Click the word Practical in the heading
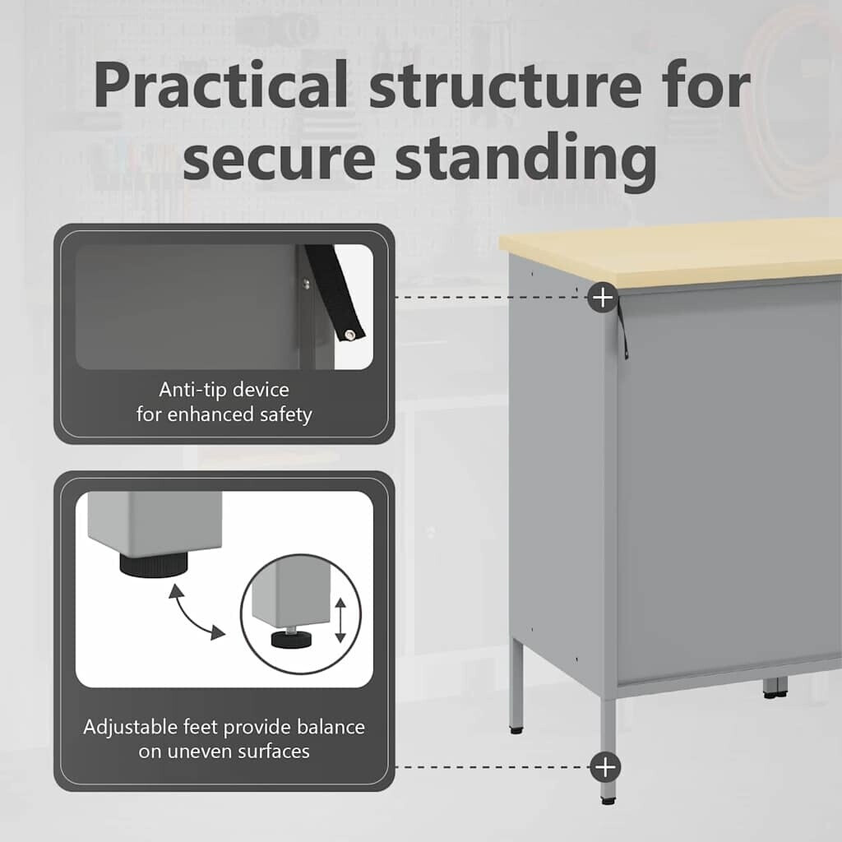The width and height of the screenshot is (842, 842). [x=221, y=86]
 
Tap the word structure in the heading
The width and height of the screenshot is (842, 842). [x=506, y=86]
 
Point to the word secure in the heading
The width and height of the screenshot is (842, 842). [x=279, y=161]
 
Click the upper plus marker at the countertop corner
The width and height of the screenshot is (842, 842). [x=603, y=297]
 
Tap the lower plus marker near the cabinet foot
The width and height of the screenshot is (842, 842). [x=605, y=767]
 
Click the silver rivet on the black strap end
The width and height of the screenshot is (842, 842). [x=350, y=335]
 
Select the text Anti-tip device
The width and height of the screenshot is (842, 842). [x=224, y=389]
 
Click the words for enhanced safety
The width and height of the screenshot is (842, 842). [x=224, y=414]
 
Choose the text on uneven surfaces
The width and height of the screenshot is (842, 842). [x=224, y=752]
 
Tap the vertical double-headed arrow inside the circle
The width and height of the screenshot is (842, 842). [x=340, y=620]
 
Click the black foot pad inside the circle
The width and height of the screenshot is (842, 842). [x=291, y=640]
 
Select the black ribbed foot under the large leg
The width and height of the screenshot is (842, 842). [x=154, y=564]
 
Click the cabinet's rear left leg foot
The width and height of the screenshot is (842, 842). [x=516, y=730]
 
